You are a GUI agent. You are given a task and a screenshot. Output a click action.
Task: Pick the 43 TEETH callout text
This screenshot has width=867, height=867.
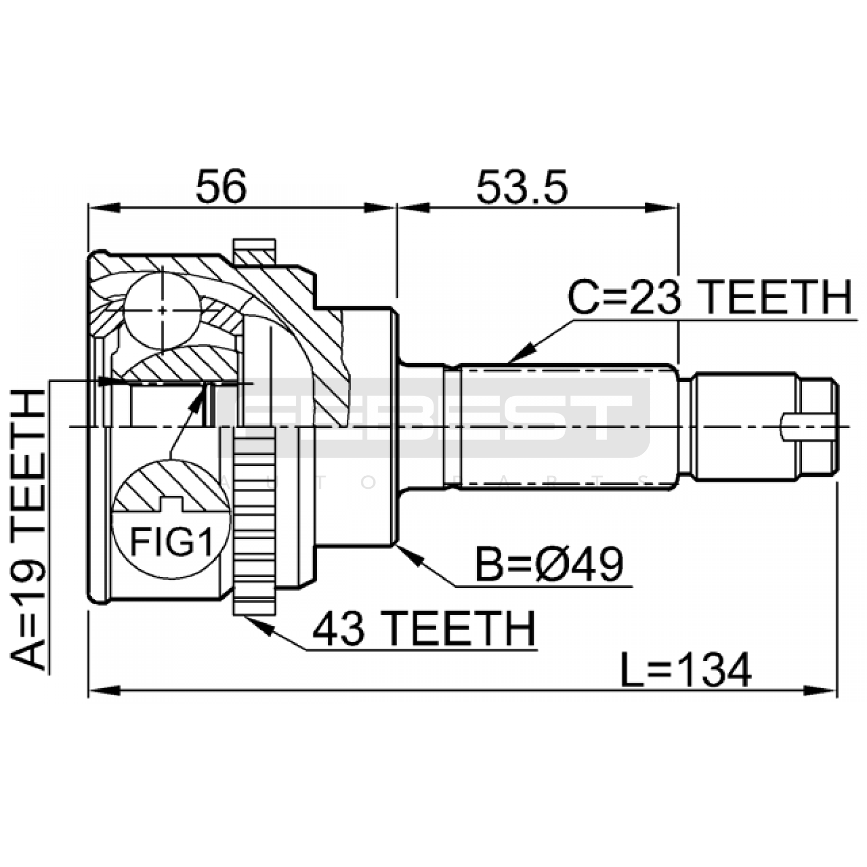click(x=424, y=629)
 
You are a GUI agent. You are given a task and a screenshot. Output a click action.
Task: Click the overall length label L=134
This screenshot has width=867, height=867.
click(x=686, y=670)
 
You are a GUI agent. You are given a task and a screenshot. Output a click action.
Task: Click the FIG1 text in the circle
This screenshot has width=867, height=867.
click(x=172, y=541)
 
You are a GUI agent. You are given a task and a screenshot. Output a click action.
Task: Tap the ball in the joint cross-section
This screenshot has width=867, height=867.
click(x=161, y=310)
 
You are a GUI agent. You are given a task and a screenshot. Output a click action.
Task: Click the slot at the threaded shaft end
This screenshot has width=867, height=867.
click(x=807, y=426)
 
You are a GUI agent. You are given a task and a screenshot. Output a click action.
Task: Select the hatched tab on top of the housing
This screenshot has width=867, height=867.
click(x=254, y=253)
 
